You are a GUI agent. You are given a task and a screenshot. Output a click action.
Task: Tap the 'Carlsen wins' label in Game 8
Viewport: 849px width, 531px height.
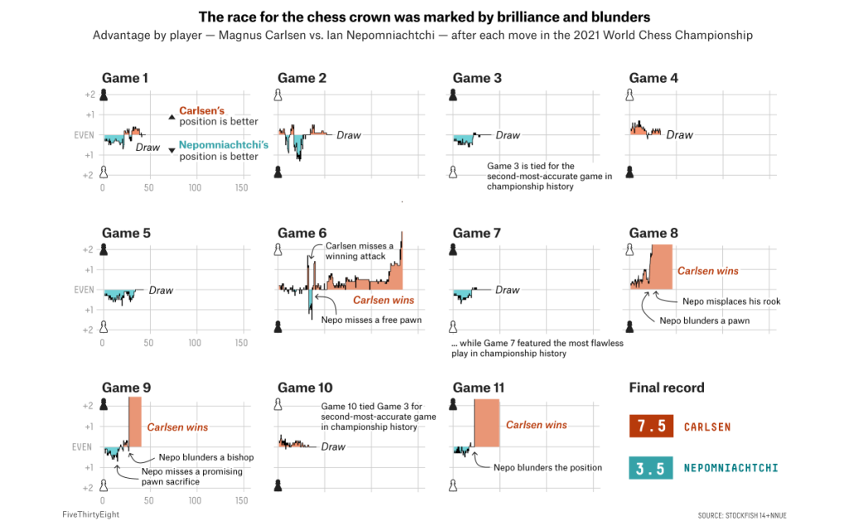click(707, 270)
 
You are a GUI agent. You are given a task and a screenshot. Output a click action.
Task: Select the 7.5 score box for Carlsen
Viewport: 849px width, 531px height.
click(650, 426)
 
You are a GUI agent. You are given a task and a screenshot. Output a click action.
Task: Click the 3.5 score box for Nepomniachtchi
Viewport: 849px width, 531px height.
click(650, 468)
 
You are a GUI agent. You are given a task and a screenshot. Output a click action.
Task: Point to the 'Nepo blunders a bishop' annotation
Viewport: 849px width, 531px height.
click(206, 457)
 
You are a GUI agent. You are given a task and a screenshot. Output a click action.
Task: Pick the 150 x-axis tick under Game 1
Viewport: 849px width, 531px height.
click(242, 188)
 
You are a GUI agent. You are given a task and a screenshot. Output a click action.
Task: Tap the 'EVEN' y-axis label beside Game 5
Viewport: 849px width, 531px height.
click(84, 290)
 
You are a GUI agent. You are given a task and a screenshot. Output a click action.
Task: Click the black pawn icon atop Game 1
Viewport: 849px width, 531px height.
click(104, 95)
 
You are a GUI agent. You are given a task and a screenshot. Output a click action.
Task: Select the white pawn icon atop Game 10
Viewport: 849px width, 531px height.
click(279, 404)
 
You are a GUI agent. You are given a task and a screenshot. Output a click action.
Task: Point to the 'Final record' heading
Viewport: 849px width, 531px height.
click(667, 387)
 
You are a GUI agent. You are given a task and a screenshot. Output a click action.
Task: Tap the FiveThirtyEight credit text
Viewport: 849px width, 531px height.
click(90, 514)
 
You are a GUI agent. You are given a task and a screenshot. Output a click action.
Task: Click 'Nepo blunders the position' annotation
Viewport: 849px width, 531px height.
click(547, 467)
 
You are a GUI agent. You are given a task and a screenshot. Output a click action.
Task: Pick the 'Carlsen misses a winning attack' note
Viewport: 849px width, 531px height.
click(359, 251)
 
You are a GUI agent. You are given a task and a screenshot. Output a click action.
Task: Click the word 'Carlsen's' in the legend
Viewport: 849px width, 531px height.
click(201, 110)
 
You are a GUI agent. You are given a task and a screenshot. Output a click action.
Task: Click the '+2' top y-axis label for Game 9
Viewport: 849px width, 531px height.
click(88, 406)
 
